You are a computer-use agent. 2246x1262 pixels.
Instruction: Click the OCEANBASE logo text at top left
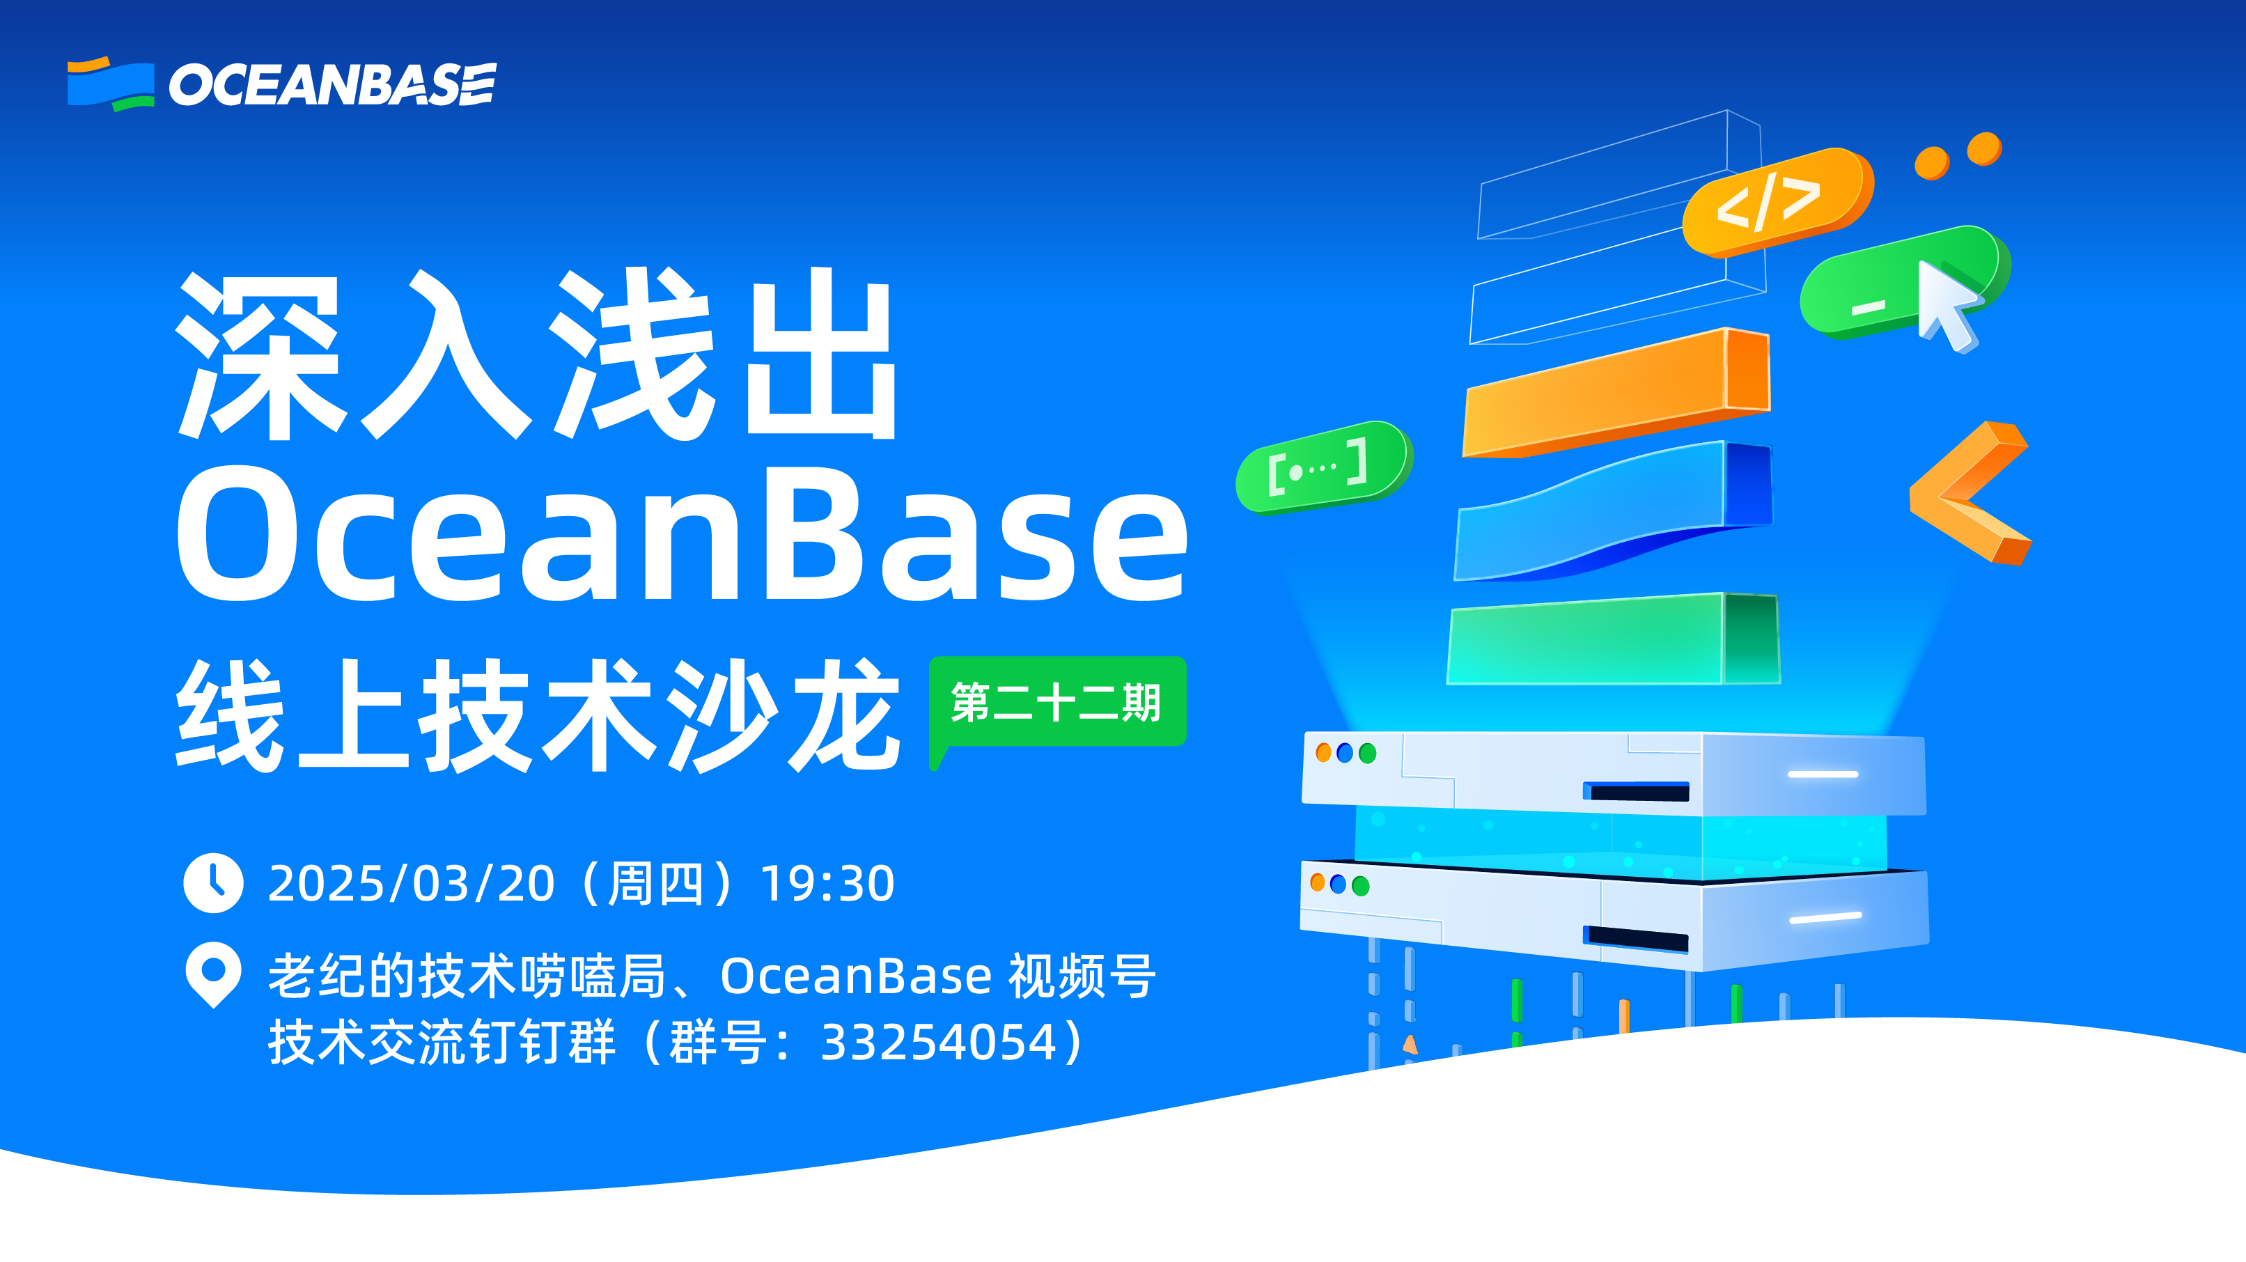point(332,84)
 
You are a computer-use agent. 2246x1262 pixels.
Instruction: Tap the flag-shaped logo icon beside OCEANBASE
point(111,84)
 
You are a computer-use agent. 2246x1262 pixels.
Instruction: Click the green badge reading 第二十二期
point(1056,702)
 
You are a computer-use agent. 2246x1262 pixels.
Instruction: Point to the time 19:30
point(827,884)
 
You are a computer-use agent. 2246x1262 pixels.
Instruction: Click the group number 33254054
point(938,1042)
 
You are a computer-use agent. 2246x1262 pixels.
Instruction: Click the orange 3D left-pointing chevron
point(1968,494)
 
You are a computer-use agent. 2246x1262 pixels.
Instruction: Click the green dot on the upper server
point(1367,753)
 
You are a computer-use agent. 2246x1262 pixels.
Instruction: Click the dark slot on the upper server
point(1637,792)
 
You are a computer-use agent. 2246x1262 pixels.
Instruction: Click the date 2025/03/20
point(411,884)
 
